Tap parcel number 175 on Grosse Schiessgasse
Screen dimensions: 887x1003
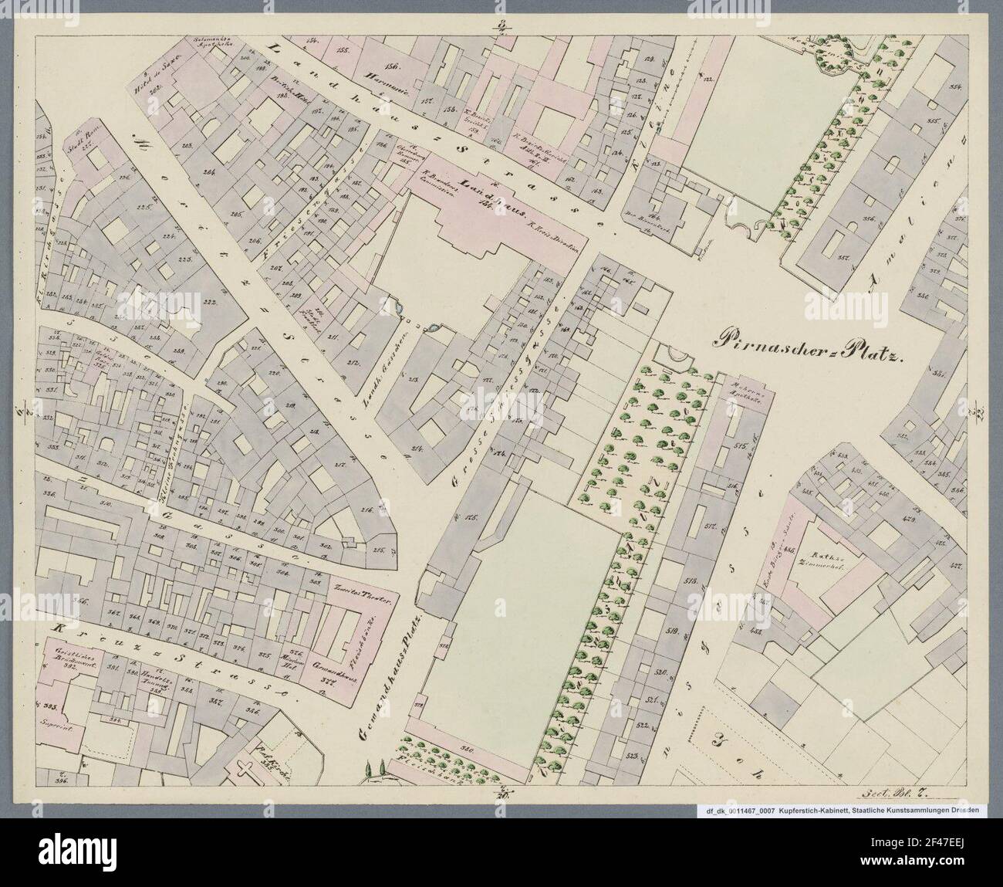point(471,519)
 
